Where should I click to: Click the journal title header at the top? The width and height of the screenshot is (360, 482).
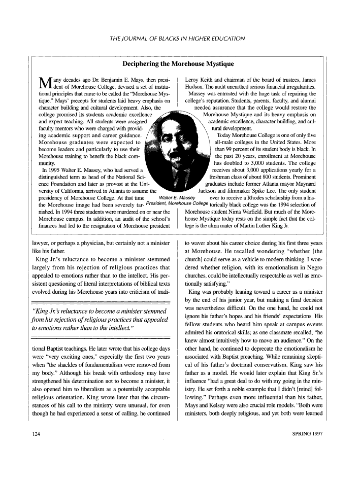[180, 38]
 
